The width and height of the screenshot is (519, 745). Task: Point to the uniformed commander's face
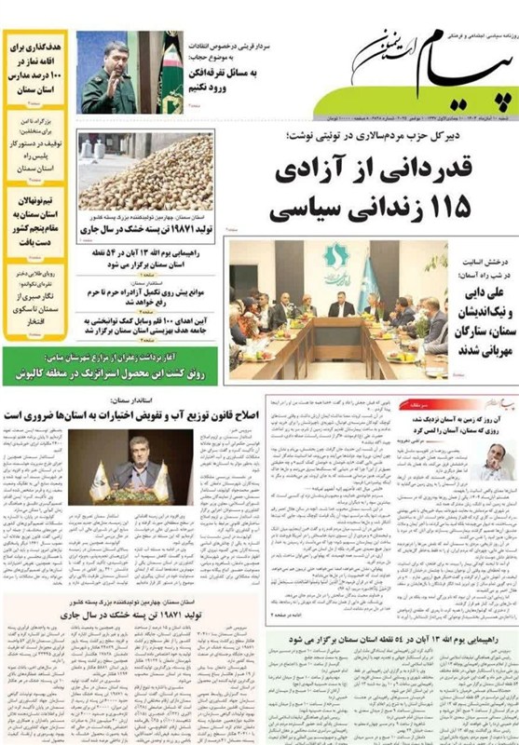click(x=115, y=56)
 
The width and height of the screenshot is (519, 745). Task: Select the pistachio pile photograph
click(x=145, y=172)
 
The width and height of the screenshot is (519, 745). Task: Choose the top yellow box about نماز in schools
click(x=35, y=65)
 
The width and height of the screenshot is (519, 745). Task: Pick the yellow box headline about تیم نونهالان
click(x=35, y=220)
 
